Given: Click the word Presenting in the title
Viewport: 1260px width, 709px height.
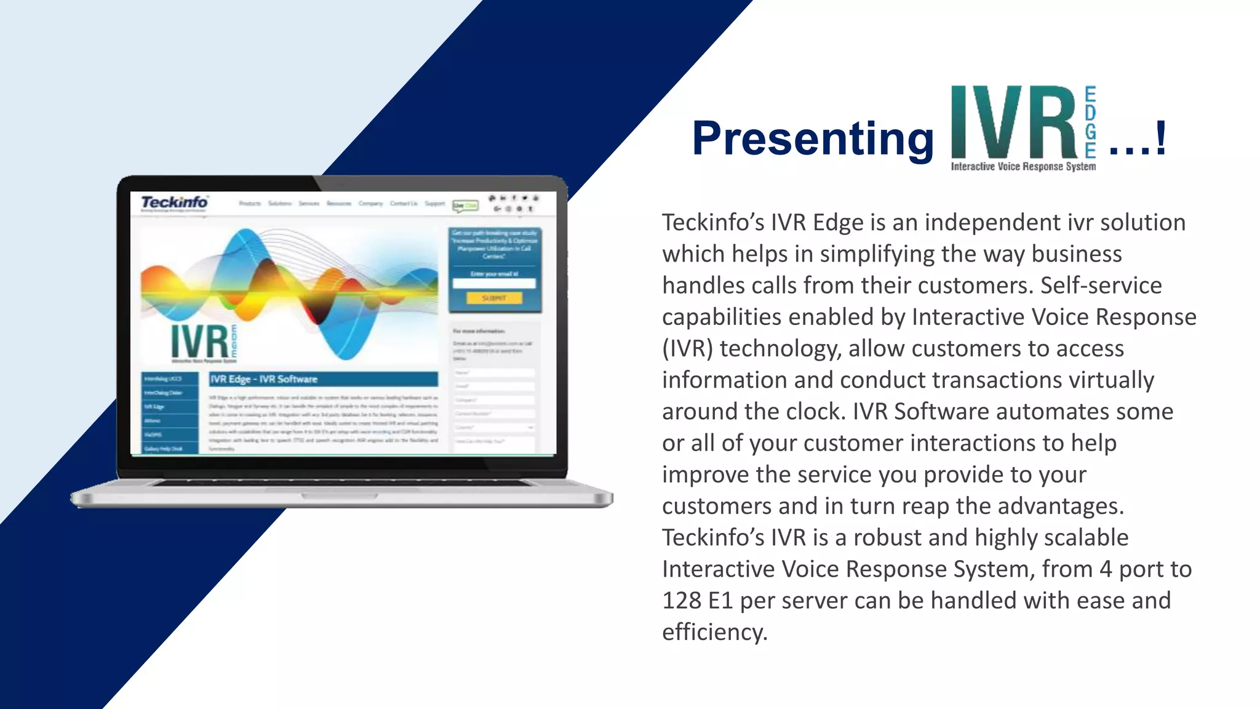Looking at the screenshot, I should point(812,139).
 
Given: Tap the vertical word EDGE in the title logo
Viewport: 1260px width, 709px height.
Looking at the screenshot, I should point(1090,122).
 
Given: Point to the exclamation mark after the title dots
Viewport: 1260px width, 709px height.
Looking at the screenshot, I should point(1160,139).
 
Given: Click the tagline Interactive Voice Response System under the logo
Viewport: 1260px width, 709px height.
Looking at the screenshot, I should point(1023,167).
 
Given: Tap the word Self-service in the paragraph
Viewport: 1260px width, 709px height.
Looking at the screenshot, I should point(1101,286).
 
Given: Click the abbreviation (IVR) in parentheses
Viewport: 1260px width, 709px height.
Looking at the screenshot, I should point(687,349).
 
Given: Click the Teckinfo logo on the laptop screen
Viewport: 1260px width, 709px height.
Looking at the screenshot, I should point(174,202).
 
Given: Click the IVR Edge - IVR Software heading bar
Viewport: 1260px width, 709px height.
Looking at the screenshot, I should point(323,379).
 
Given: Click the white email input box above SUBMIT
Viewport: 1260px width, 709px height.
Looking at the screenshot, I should point(494,284).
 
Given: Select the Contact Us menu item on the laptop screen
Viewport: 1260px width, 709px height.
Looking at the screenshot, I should point(404,204).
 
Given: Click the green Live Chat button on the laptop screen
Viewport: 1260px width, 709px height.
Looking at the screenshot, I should point(465,205).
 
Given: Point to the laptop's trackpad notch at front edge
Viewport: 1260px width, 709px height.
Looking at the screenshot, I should point(340,495).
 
